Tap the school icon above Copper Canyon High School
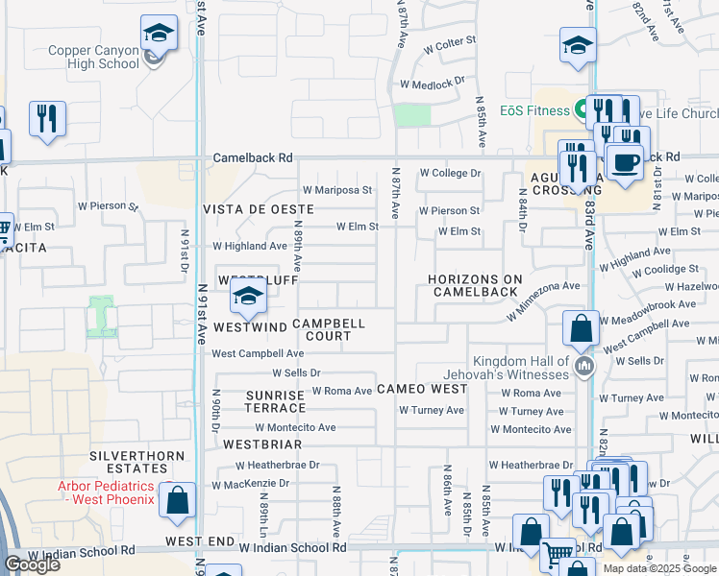158,35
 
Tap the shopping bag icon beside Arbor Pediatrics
177,500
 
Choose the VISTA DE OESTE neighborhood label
258,209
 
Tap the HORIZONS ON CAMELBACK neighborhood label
476,285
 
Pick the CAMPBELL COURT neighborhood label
329,330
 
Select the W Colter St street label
442,41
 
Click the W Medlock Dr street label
432,84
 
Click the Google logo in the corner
33,564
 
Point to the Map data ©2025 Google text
658,568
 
